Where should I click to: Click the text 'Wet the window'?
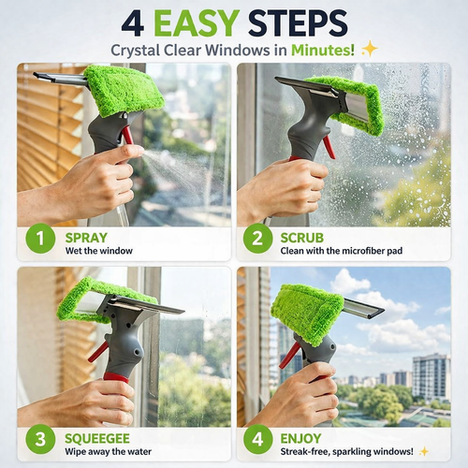[99, 251]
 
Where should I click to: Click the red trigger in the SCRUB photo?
[328, 147]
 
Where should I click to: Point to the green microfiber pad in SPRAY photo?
[124, 88]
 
